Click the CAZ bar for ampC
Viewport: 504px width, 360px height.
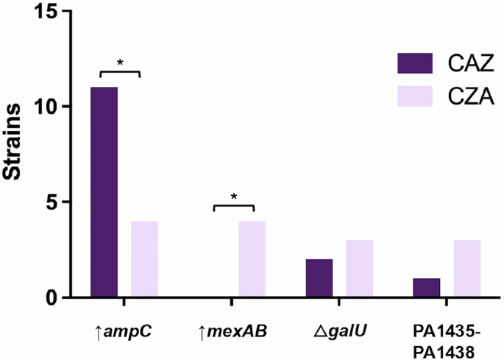tap(104, 192)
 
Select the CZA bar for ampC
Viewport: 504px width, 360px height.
tap(144, 259)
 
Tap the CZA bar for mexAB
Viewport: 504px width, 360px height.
tap(252, 259)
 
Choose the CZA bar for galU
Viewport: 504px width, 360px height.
tap(360, 269)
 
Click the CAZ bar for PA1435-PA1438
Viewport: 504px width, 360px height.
tap(427, 288)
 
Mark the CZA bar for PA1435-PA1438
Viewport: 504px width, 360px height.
tap(467, 269)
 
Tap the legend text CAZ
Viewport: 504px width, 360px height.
tap(469, 64)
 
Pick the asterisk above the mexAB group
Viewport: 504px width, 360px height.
tap(233, 197)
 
